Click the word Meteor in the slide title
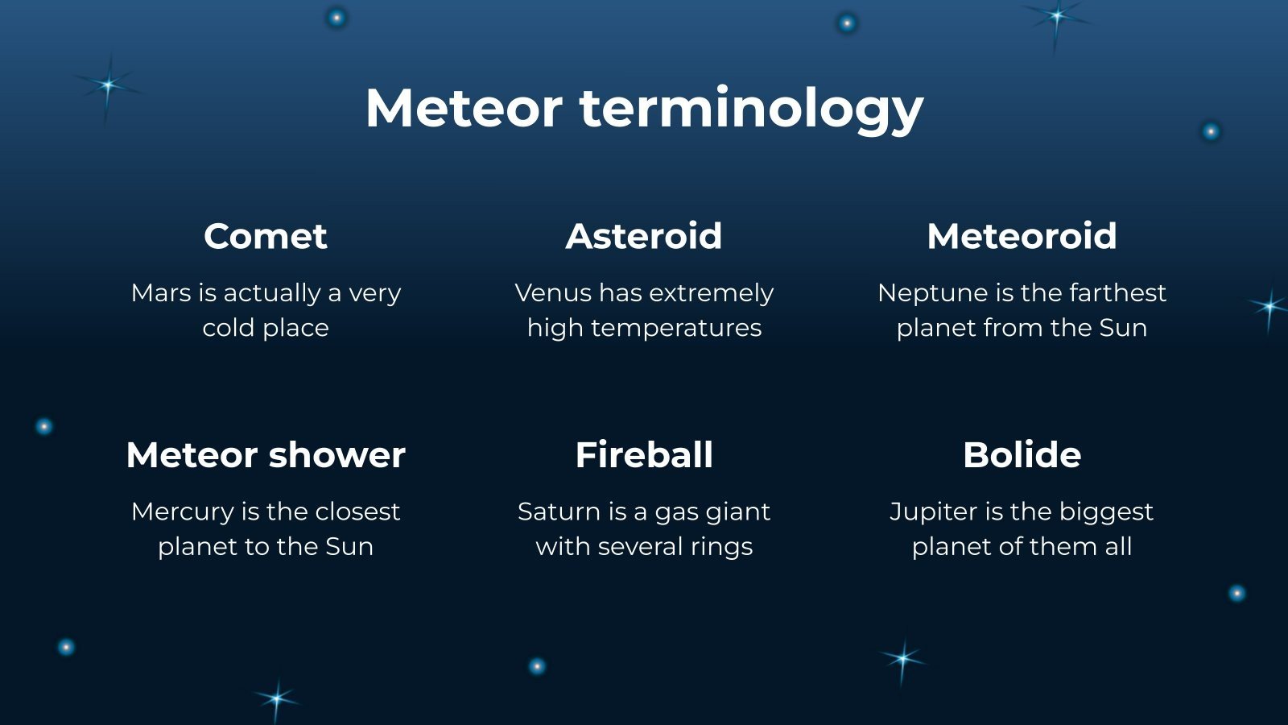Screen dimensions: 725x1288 (464, 108)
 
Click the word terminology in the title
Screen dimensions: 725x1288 (752, 110)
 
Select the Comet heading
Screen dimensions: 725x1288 (266, 236)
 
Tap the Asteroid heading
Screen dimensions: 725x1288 (644, 236)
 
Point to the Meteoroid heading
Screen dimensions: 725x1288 (1022, 236)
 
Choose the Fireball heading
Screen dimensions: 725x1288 (644, 455)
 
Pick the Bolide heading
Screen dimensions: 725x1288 (1022, 455)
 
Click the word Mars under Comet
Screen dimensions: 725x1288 (161, 292)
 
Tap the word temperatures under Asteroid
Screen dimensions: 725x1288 (676, 329)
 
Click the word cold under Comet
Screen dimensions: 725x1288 (228, 328)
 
